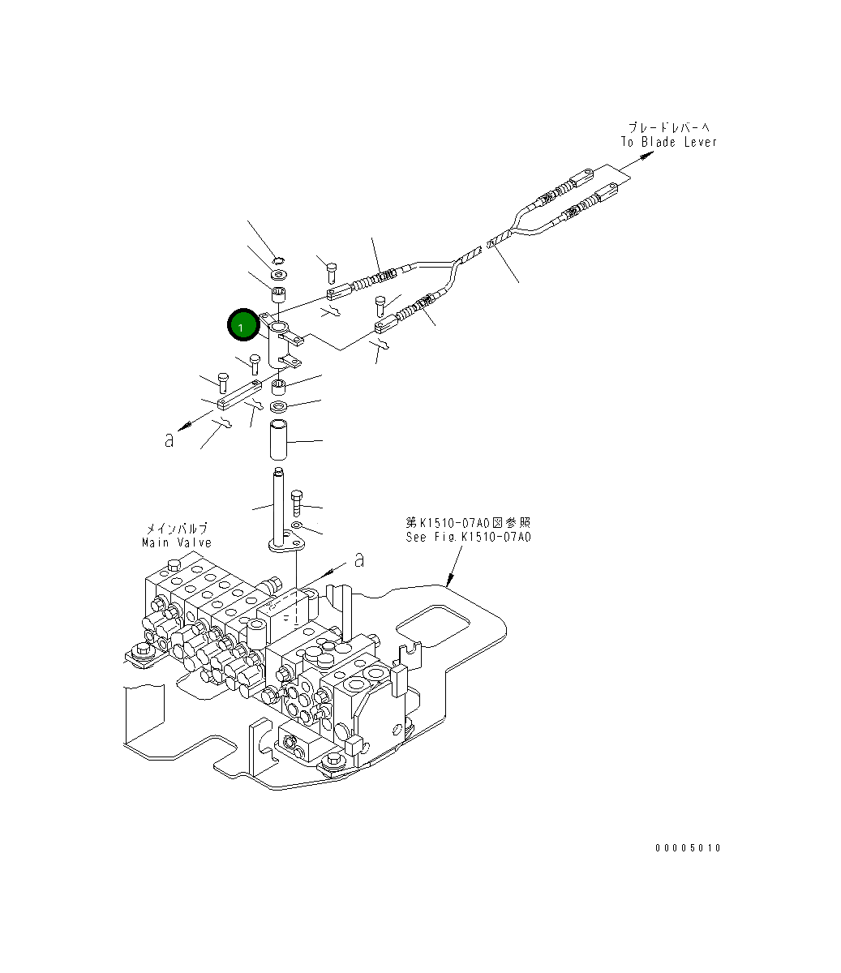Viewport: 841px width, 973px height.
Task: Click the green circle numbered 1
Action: pyautogui.click(x=242, y=325)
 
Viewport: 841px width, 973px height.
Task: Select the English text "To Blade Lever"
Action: pyautogui.click(x=669, y=142)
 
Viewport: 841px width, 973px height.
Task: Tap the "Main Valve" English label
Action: pyautogui.click(x=176, y=542)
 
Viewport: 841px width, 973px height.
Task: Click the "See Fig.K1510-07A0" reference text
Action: pyautogui.click(x=469, y=537)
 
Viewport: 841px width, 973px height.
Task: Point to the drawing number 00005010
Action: pyautogui.click(x=688, y=848)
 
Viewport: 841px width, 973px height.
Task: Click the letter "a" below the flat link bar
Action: pyautogui.click(x=169, y=440)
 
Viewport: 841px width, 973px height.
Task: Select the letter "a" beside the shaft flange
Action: pyautogui.click(x=359, y=559)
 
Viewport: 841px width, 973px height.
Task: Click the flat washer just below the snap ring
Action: pyautogui.click(x=278, y=276)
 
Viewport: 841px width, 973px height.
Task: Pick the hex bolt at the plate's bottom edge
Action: pyautogui.click(x=333, y=761)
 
